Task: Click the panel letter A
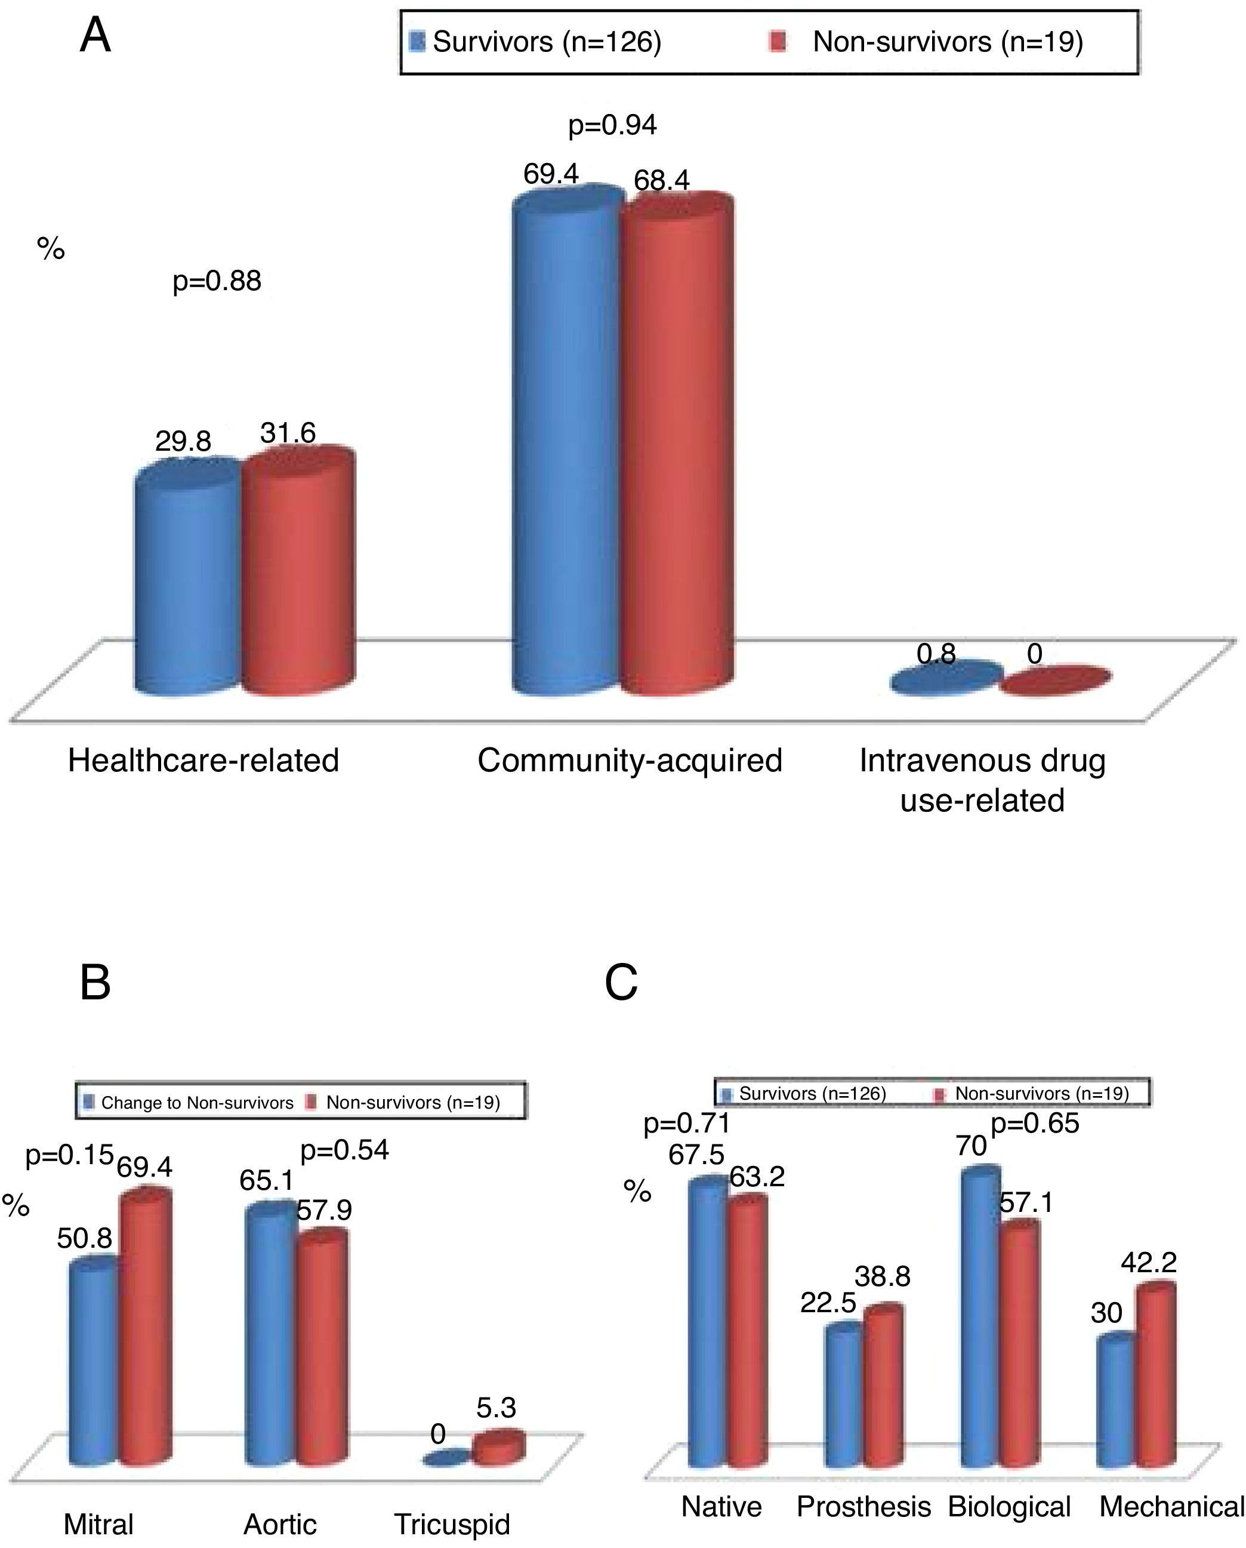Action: coord(95,36)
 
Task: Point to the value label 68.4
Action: coord(662,180)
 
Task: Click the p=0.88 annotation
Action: coord(217,281)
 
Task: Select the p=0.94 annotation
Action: coord(612,125)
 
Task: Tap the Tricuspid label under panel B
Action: coord(452,1524)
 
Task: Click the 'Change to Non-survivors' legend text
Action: coord(198,1102)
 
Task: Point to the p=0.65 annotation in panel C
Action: coord(1034,1124)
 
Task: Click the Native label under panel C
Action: coord(721,1506)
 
